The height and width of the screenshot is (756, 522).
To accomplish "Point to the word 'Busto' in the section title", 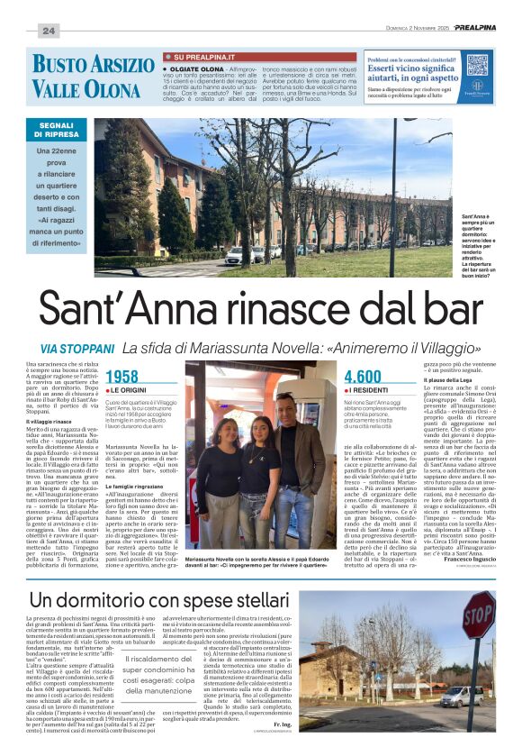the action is (66, 65).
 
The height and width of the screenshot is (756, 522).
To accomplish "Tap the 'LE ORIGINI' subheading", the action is (131, 388).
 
